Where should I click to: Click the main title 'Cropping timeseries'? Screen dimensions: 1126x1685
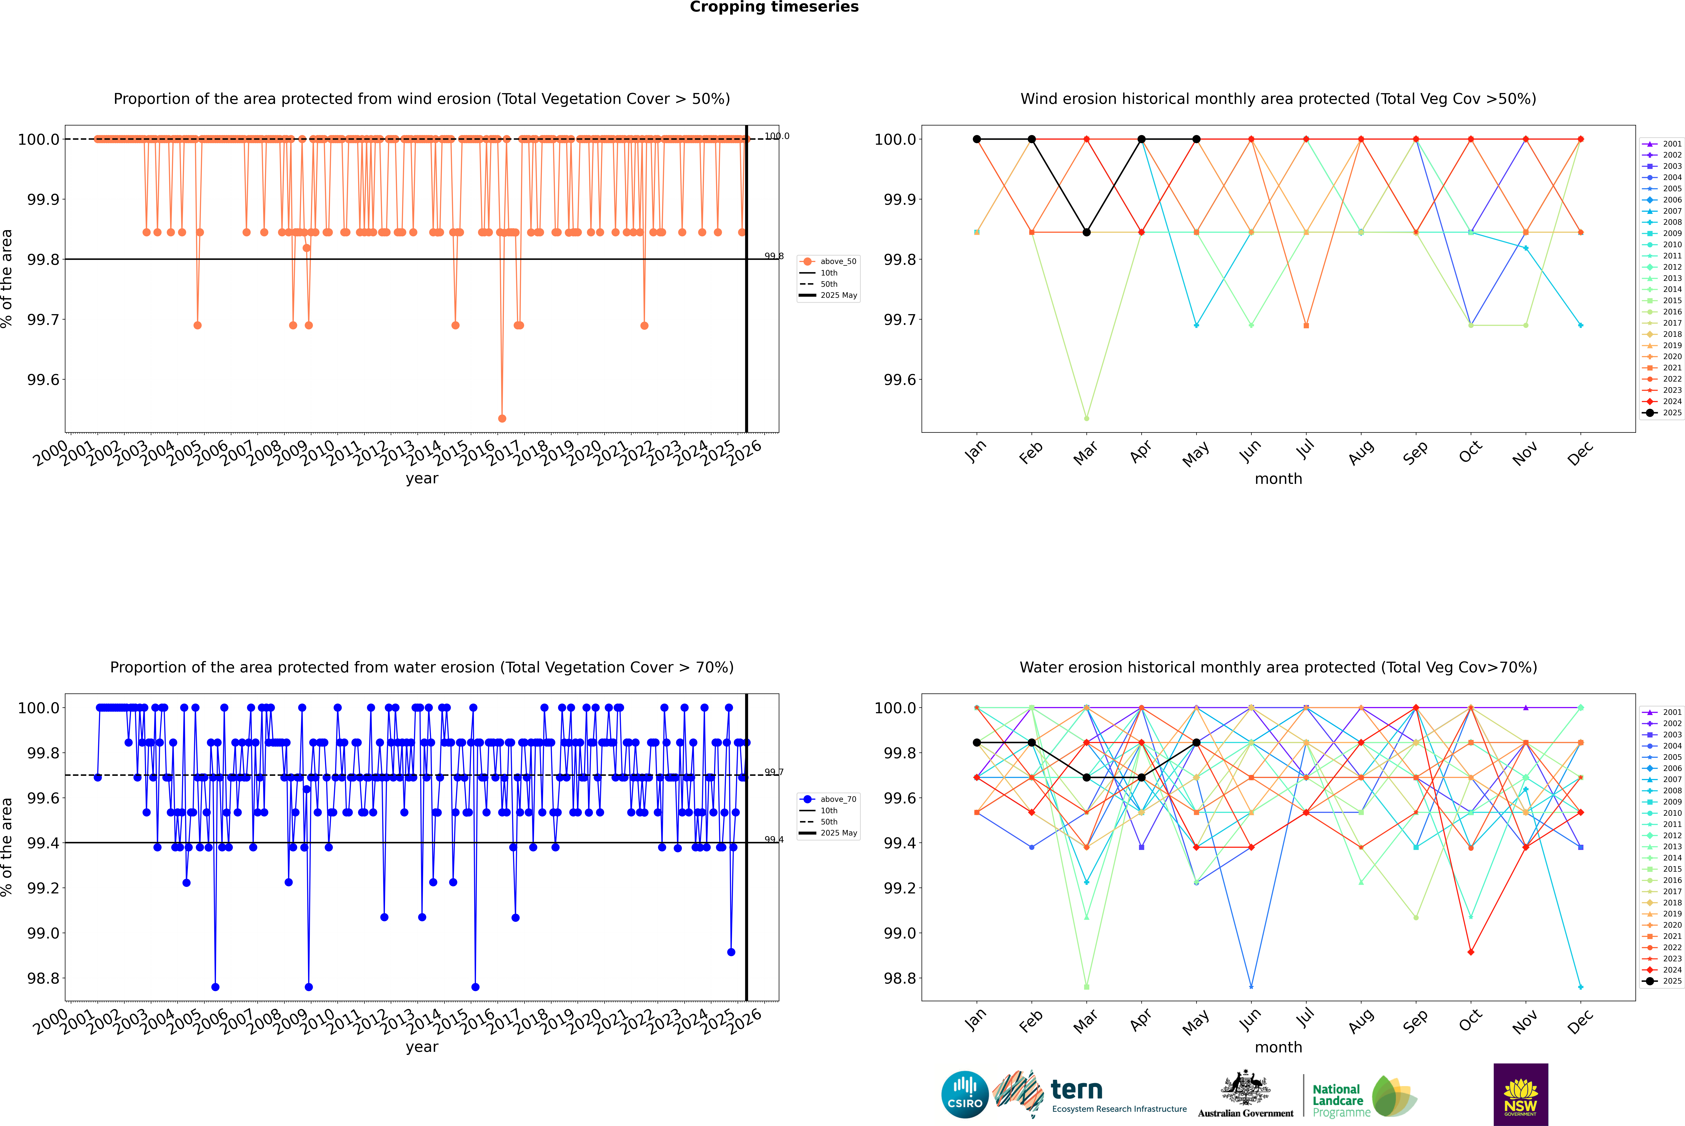click(774, 7)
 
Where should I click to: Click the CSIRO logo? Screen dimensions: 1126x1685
click(965, 1094)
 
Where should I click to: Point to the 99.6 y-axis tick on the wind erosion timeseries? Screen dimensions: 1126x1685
click(43, 380)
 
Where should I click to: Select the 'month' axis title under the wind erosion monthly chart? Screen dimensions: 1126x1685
click(1278, 479)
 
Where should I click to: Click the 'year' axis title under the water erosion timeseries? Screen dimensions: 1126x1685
click(422, 1047)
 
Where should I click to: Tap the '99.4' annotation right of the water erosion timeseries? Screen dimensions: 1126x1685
click(774, 839)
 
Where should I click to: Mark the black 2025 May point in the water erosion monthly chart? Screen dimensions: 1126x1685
click(1197, 742)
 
